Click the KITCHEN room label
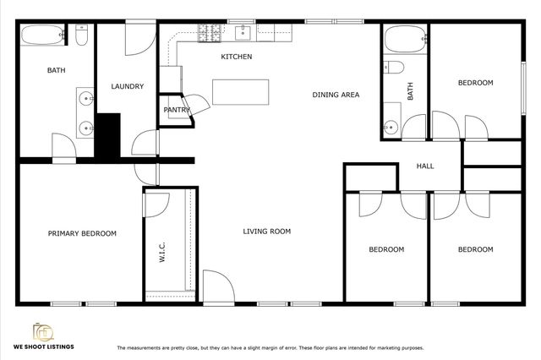point(237,57)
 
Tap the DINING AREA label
point(336,95)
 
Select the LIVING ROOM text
point(267,231)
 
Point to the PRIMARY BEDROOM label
point(82,233)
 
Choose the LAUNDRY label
point(127,86)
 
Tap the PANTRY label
point(176,110)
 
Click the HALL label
point(425,166)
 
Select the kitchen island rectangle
point(241,91)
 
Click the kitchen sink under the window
point(244,33)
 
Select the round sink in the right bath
point(390,128)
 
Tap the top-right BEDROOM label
point(475,83)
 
